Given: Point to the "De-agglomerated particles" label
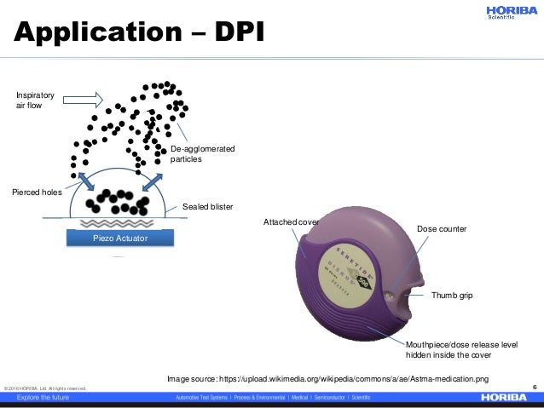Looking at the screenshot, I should coord(202,154).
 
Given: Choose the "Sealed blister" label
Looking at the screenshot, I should coord(208,207).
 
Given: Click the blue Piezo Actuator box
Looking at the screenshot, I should coord(120,238).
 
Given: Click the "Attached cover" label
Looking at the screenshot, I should coord(291,222).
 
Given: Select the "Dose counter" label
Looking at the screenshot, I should coord(441,229).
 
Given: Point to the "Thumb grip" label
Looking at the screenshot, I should coord(452,296).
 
